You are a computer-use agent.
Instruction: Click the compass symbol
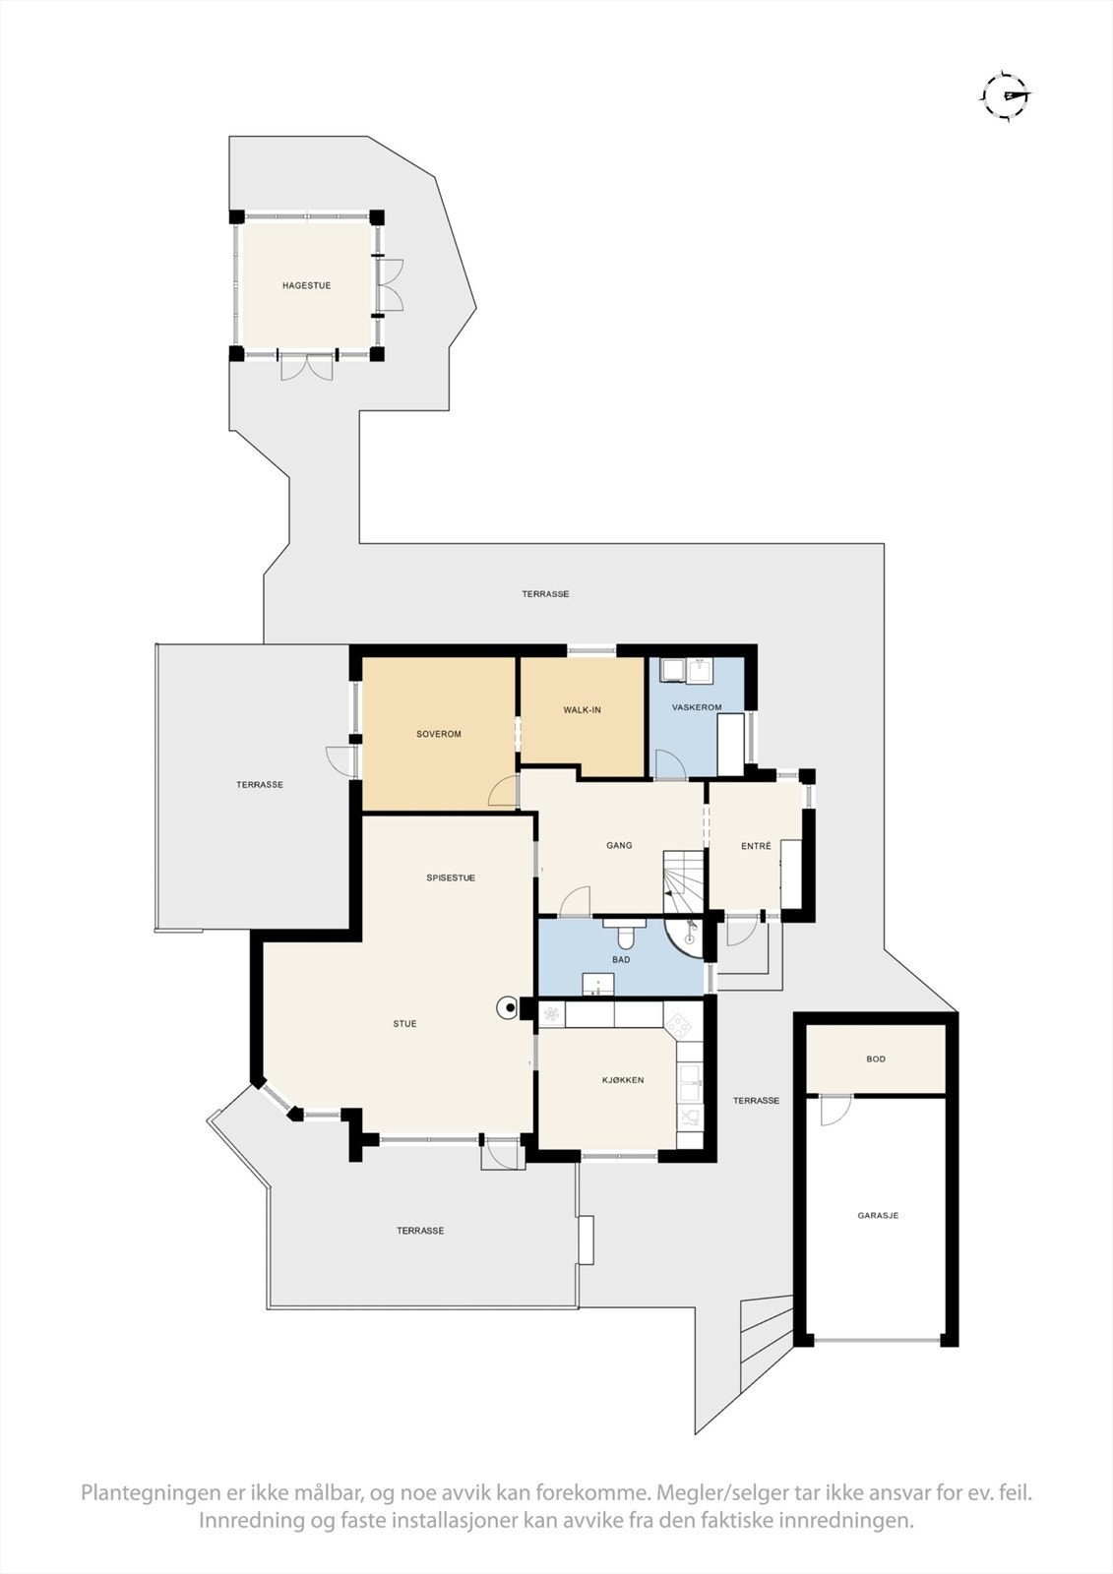click(1007, 95)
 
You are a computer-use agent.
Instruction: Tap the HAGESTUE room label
click(306, 285)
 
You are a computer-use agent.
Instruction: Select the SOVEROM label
click(438, 734)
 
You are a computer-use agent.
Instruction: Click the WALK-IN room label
click(582, 709)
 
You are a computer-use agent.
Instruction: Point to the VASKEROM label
click(697, 707)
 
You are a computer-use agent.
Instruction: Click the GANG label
click(619, 845)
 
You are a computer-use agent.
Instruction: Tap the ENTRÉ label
click(756, 846)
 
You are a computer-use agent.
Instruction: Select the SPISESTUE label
click(451, 878)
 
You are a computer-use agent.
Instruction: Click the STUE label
click(404, 1023)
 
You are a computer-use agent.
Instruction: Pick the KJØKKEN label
click(623, 1080)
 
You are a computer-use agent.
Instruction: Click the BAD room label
click(621, 959)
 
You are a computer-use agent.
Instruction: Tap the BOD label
click(876, 1059)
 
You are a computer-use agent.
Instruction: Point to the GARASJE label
click(878, 1215)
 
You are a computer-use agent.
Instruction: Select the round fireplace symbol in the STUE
click(509, 1007)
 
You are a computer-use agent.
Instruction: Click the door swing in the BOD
click(835, 1111)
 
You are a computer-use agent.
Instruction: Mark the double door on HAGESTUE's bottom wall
click(307, 366)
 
